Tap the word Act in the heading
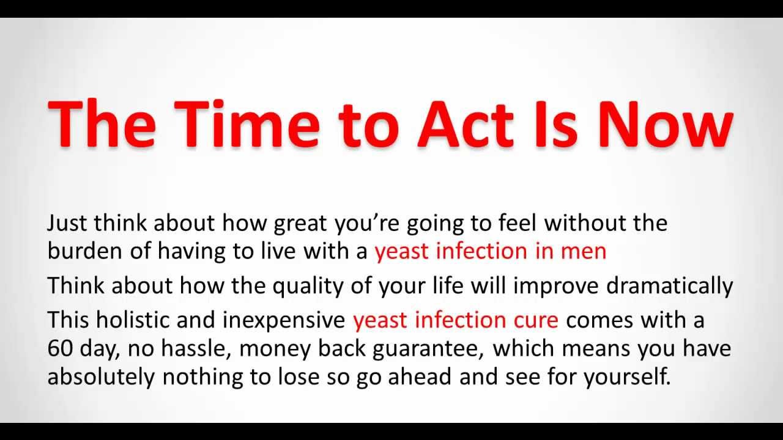466,124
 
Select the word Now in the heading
666,124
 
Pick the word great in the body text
300,224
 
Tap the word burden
84,251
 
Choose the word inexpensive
283,321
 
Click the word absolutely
101,378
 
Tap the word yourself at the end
627,378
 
